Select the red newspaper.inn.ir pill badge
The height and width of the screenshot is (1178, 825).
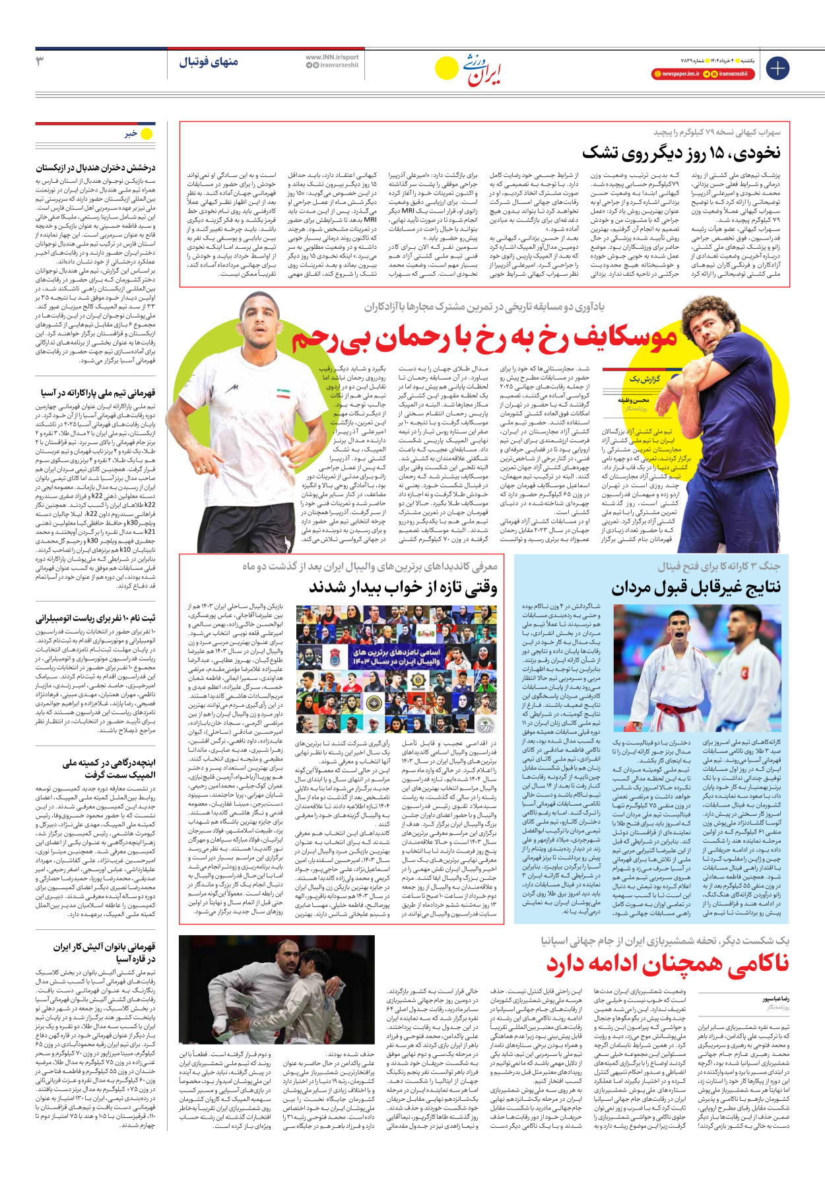(x=676, y=74)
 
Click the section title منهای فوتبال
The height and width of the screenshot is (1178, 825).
(x=209, y=62)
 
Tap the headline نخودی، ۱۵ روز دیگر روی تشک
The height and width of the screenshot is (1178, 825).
(x=681, y=153)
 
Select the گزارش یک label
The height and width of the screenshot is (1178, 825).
(x=645, y=379)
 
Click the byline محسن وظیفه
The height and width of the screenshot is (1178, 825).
(x=634, y=400)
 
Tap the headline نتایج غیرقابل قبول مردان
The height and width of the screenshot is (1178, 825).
(x=696, y=587)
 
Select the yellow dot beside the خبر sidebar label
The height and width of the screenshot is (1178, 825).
(x=147, y=134)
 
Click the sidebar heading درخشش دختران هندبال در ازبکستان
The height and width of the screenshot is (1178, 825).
(x=96, y=168)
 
